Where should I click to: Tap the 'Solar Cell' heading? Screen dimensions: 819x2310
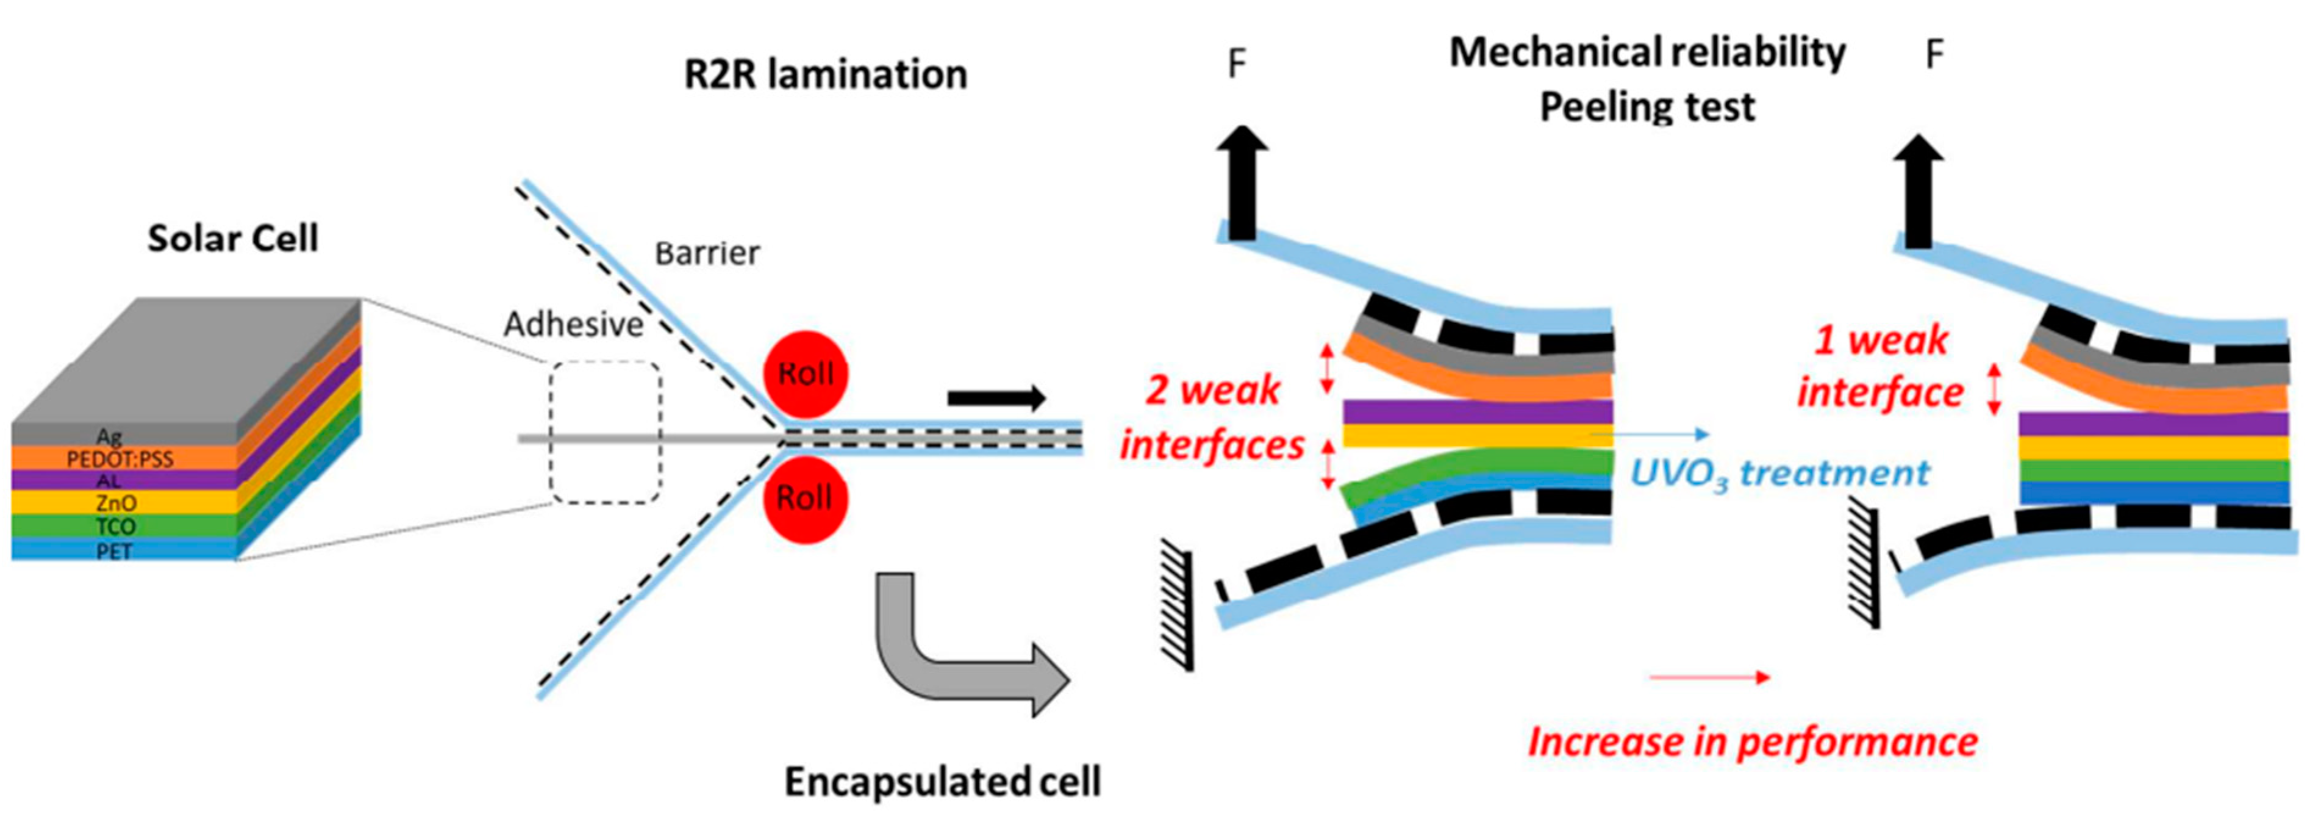click(x=233, y=239)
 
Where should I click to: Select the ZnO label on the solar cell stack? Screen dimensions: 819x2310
click(x=116, y=503)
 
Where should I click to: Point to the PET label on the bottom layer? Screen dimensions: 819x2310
click(x=114, y=551)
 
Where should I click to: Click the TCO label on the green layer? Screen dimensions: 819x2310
click(x=115, y=527)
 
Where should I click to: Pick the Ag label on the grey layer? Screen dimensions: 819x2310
click(x=109, y=437)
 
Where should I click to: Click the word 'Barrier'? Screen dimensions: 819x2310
click(x=707, y=254)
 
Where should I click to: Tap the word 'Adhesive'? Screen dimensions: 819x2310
click(x=573, y=324)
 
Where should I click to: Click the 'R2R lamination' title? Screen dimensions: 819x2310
click(x=825, y=74)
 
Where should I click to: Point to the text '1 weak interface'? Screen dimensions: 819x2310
click(x=1881, y=367)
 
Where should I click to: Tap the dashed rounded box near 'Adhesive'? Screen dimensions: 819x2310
click(x=606, y=431)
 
